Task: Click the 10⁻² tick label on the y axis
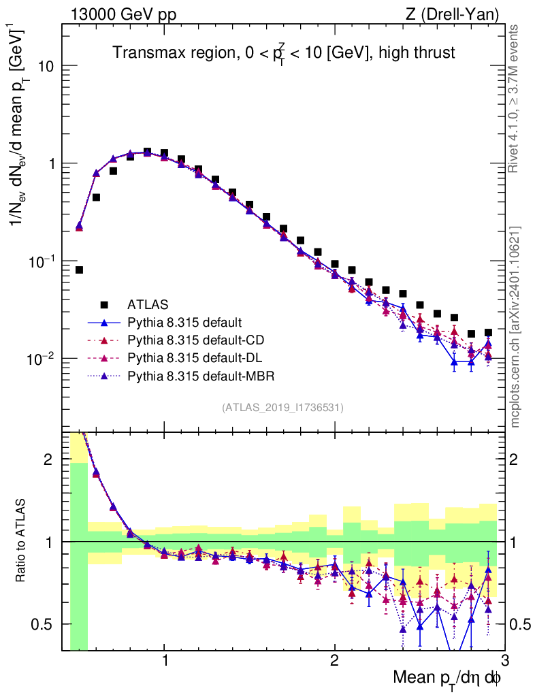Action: [x=40, y=359]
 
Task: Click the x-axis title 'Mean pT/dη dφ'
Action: [x=447, y=679]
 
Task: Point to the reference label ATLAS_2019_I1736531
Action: [x=282, y=408]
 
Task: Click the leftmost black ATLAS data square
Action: [x=79, y=270]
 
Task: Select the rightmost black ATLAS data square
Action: [x=488, y=333]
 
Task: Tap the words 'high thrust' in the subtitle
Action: [x=420, y=52]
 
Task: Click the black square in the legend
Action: [x=104, y=304]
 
